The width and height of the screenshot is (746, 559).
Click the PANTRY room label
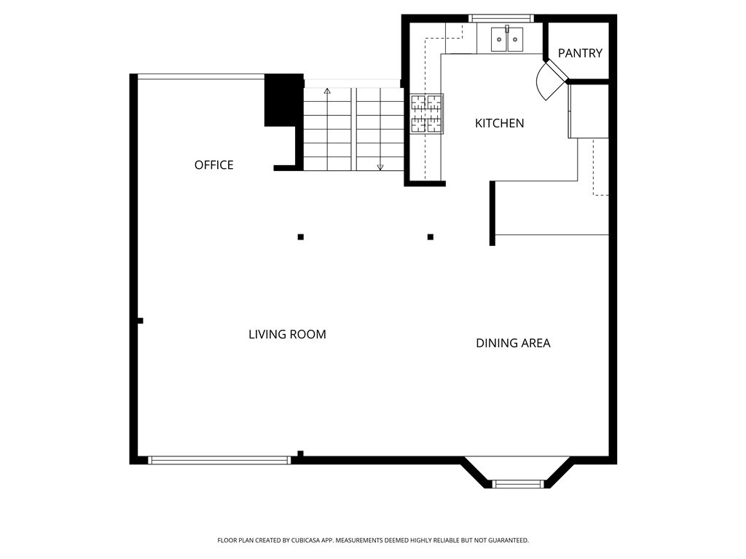[x=580, y=53]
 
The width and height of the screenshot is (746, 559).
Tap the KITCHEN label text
[x=499, y=124]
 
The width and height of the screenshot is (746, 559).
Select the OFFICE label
[x=213, y=165]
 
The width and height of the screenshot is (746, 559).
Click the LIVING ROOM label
[x=287, y=335]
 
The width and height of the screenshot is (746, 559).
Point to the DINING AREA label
[x=513, y=344]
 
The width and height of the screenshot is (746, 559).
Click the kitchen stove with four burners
[x=427, y=114]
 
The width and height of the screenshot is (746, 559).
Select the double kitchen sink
[x=507, y=39]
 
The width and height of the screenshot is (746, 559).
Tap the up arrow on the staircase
[x=327, y=92]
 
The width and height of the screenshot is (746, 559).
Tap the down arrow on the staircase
[x=380, y=166]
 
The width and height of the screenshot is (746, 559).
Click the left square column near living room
[x=300, y=237]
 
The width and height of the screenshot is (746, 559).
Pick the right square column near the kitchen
[x=431, y=237]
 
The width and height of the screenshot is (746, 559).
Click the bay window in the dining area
[x=518, y=483]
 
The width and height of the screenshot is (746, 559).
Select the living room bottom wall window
[x=219, y=460]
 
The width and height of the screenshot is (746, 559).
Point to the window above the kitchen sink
[x=500, y=18]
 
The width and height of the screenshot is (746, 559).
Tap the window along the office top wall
[x=201, y=76]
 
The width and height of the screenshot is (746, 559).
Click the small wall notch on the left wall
[x=140, y=320]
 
